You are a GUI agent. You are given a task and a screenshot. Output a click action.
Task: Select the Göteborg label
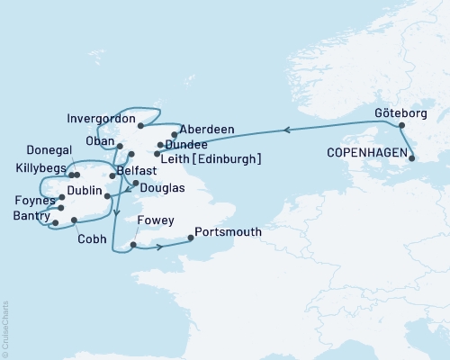tap(395, 113)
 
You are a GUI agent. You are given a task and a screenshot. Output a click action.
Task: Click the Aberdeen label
tap(208, 130)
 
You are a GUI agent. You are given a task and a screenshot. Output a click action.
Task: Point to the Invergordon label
tap(102, 119)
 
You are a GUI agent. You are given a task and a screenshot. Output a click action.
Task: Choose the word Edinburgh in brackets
tap(229, 159)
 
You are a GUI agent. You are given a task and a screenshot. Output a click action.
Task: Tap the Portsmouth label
tap(229, 232)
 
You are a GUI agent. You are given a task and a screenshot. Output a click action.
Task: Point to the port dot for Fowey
tap(133, 243)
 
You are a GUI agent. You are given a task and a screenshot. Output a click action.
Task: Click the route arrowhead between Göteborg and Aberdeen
tap(287, 130)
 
